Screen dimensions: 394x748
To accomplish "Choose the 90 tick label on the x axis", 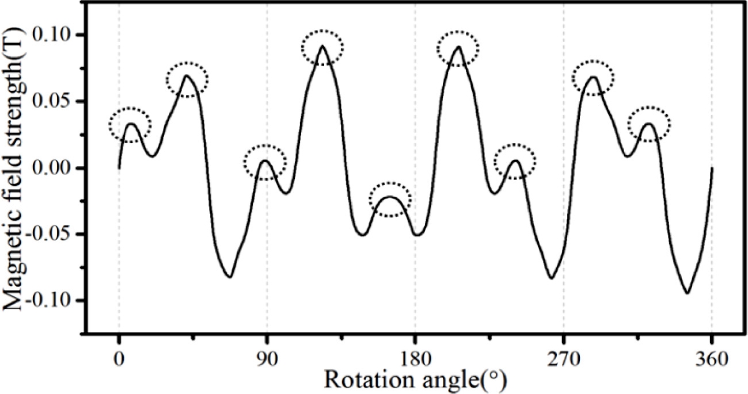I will (x=267, y=363).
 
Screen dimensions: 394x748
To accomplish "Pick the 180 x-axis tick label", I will (x=415, y=363).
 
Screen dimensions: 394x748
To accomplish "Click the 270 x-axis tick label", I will (x=563, y=363).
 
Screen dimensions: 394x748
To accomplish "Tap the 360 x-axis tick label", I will (x=712, y=363).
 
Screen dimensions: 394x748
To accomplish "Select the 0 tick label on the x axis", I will (x=119, y=363).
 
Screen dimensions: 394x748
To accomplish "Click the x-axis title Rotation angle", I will (x=415, y=381).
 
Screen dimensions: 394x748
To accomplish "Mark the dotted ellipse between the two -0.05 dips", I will (x=390, y=199).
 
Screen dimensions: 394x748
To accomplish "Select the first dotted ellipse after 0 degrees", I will (x=130, y=125).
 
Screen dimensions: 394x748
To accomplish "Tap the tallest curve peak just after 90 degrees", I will (x=322, y=45).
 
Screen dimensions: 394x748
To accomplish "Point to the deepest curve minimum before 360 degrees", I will (x=687, y=293).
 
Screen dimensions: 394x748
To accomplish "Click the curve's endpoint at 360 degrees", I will (x=712, y=168).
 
